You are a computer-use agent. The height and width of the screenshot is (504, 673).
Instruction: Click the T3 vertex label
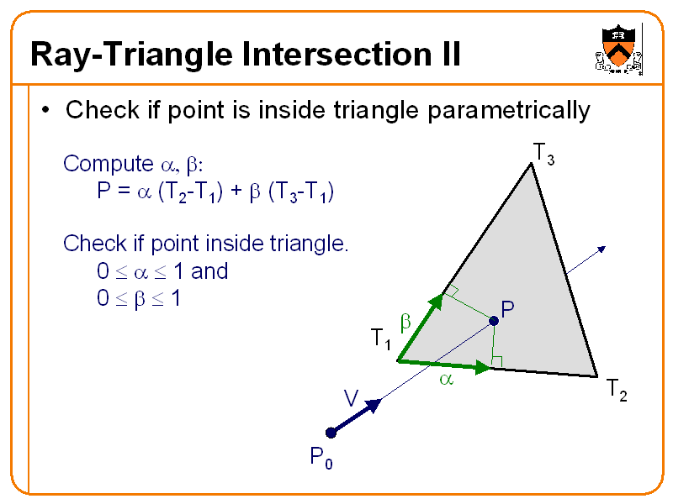pos(543,155)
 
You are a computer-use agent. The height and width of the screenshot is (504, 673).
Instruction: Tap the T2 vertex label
pos(617,391)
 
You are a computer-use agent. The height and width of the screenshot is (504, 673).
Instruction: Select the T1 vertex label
pos(381,339)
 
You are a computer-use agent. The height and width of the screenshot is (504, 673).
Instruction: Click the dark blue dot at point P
pos(494,321)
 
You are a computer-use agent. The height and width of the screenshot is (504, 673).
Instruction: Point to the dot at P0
pos(331,433)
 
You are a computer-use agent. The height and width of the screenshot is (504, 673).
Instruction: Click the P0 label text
pos(321,459)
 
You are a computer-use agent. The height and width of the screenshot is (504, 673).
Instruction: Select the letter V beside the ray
pos(351,397)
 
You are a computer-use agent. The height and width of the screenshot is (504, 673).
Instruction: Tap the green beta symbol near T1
pos(404,323)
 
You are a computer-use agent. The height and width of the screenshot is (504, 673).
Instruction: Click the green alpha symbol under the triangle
pos(446,381)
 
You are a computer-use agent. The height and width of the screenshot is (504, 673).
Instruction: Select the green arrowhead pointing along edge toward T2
pos(483,368)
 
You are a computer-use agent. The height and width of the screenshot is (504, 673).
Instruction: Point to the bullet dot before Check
pos(46,111)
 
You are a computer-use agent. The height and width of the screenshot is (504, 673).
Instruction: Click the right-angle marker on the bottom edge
pos(496,362)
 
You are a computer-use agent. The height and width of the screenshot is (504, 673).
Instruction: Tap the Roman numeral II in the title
pos(445,56)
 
